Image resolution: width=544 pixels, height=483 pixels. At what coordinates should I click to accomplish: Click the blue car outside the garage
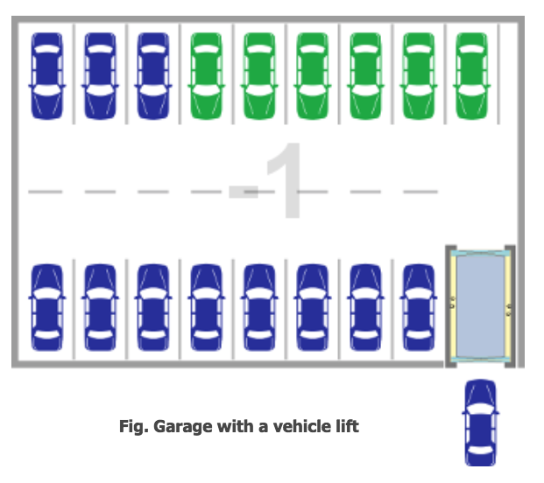click(480, 423)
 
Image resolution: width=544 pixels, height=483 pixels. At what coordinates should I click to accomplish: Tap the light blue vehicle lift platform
click(480, 306)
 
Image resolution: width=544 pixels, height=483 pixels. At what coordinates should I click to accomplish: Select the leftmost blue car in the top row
click(46, 76)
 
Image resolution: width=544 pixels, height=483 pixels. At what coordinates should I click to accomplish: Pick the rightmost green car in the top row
click(471, 76)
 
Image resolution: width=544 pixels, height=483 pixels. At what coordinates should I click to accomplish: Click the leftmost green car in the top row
click(206, 76)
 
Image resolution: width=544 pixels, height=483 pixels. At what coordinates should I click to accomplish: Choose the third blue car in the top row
click(153, 76)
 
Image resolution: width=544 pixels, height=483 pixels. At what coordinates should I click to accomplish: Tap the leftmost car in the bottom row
click(46, 307)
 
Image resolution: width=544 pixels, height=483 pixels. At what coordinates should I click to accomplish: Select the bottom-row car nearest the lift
click(419, 307)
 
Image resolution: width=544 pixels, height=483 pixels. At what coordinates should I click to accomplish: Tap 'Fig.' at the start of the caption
click(134, 426)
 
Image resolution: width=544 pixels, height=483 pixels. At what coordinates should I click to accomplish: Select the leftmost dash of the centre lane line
click(45, 192)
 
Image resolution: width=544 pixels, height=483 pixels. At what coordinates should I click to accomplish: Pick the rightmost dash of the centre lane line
click(420, 192)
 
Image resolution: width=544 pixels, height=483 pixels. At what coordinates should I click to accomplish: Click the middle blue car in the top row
click(100, 76)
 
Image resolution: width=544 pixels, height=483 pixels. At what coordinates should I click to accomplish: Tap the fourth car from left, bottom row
click(206, 307)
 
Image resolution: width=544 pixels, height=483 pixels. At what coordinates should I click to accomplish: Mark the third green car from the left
click(312, 76)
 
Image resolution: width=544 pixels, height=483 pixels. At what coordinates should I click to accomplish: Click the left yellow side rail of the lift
click(453, 306)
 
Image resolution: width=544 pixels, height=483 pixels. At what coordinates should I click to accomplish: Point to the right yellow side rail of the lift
click(508, 306)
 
